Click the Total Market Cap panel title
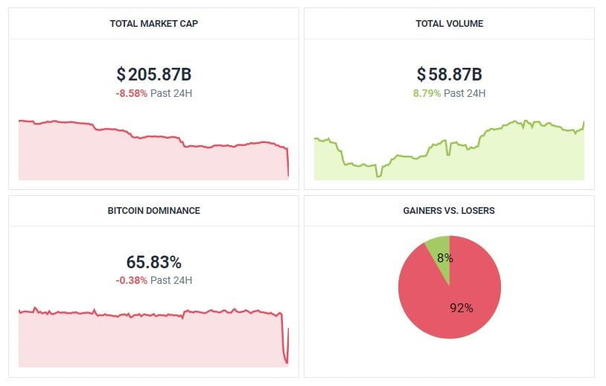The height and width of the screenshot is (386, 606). [x=153, y=23]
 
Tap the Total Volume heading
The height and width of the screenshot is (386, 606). [x=449, y=23]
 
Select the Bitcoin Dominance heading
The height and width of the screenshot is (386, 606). [x=153, y=210]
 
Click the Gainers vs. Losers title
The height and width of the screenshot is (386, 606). [x=449, y=210]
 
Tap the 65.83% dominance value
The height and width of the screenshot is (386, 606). [x=153, y=262]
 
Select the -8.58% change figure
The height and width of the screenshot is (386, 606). [x=132, y=93]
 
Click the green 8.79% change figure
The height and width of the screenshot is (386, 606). [x=427, y=93]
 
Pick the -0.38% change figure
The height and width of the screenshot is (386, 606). [x=132, y=280]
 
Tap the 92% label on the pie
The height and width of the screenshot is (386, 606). [x=462, y=307]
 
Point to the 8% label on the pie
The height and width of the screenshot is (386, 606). [x=445, y=258]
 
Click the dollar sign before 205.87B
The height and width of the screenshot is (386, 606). [x=121, y=75]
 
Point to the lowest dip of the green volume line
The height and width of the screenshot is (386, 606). [x=378, y=176]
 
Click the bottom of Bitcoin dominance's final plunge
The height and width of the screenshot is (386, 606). [x=287, y=363]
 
